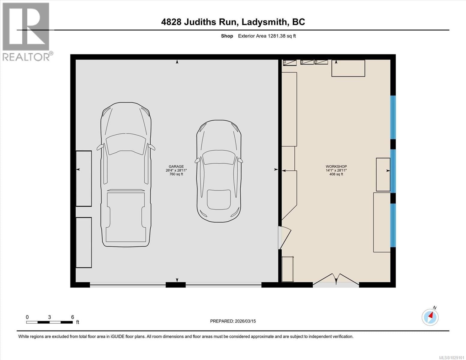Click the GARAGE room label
point(176,166)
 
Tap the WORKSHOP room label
point(336,166)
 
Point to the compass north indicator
point(430,317)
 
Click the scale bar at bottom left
point(50,322)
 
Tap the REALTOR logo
point(26,31)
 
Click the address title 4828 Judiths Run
point(233,22)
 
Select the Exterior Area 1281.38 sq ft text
point(267,36)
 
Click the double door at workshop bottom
point(336,280)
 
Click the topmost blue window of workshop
point(393,117)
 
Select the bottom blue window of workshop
point(393,225)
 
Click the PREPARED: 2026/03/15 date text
point(233,321)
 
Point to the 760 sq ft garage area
point(176,174)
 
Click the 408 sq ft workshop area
point(336,174)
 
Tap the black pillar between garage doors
point(176,285)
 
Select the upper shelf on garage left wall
point(83,178)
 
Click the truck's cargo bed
point(126,216)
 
